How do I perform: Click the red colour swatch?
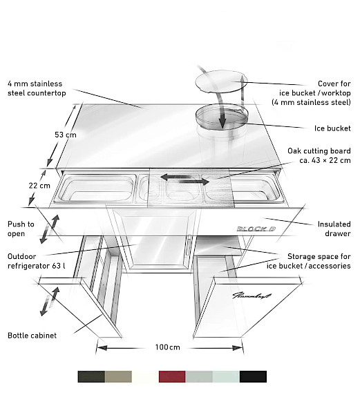pyautogui.click(x=172, y=376)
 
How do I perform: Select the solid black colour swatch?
pyautogui.click(x=253, y=376)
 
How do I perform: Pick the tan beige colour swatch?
pyautogui.click(x=118, y=376)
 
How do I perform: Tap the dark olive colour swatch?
pyautogui.click(x=91, y=376)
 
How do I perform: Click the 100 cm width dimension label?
pyautogui.click(x=168, y=347)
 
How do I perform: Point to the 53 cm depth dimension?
pyautogui.click(x=66, y=135)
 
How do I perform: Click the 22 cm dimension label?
pyautogui.click(x=39, y=185)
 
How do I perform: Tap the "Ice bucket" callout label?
pyautogui.click(x=332, y=128)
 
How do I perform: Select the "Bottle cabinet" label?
pyautogui.click(x=32, y=336)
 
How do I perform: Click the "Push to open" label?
pyautogui.click(x=21, y=229)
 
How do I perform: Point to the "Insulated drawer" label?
pyautogui.click(x=334, y=229)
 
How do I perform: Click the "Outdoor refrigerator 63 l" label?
pyautogui.click(x=36, y=261)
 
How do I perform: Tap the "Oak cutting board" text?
pyautogui.click(x=319, y=151)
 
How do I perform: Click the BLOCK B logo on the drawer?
pyautogui.click(x=256, y=229)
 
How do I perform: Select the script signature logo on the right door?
pyautogui.click(x=252, y=295)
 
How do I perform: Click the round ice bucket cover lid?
pyautogui.click(x=221, y=81)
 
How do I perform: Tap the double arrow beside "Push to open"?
pyautogui.click(x=50, y=229)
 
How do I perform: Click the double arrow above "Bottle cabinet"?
pyautogui.click(x=50, y=301)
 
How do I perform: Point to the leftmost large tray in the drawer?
pyautogui.click(x=97, y=188)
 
